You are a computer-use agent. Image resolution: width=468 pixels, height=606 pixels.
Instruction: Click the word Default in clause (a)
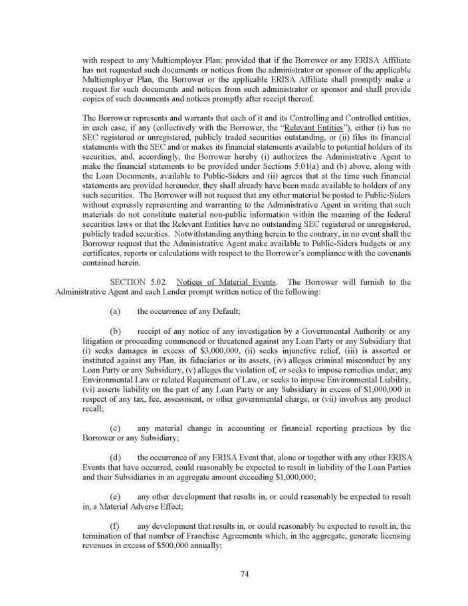pyautogui.click(x=216, y=310)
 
